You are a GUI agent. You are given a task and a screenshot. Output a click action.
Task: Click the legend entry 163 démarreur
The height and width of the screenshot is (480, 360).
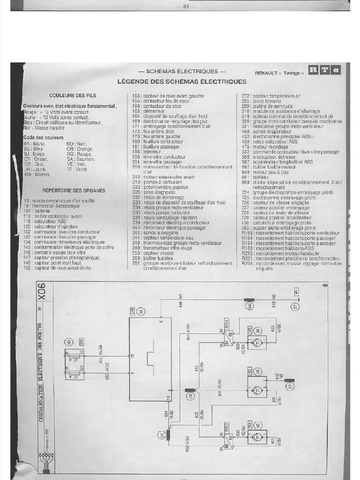coord(146,111)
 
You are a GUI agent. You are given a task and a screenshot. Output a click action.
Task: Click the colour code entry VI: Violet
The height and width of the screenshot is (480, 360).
coord(77,169)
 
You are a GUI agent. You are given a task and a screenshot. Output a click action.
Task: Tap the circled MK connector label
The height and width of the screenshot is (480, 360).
coord(249,306)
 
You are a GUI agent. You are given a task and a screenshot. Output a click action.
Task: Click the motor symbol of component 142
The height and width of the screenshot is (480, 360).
coord(257,388)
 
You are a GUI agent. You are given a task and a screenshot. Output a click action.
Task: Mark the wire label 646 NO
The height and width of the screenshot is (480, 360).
coord(180,301)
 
